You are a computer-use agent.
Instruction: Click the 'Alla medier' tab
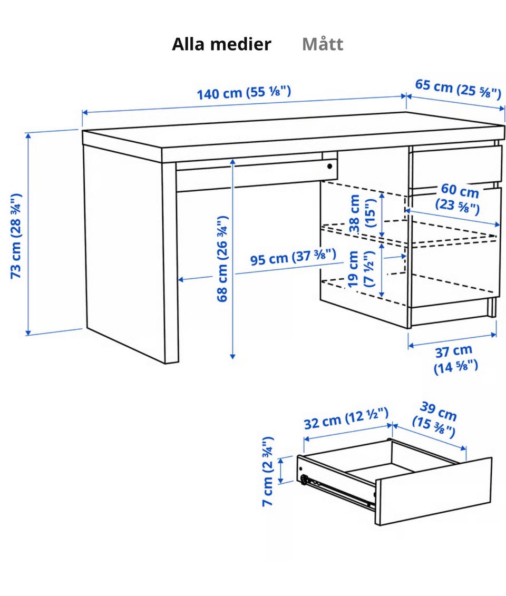click(x=221, y=44)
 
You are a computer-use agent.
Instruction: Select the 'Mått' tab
click(x=323, y=44)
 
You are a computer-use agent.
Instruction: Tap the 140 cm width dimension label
click(x=244, y=93)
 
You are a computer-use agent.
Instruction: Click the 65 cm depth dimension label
click(x=458, y=89)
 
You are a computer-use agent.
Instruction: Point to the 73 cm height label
click(x=16, y=236)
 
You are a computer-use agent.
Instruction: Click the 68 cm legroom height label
click(x=222, y=259)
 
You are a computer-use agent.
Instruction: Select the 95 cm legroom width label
click(x=293, y=257)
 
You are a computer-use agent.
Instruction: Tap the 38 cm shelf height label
click(x=362, y=213)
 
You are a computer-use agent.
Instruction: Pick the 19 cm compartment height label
click(x=361, y=269)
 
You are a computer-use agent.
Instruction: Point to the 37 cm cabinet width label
click(x=455, y=359)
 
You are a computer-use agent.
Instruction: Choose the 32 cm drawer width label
click(x=346, y=418)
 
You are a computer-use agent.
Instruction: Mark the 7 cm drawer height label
click(x=268, y=471)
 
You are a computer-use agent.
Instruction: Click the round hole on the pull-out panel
click(x=329, y=166)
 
